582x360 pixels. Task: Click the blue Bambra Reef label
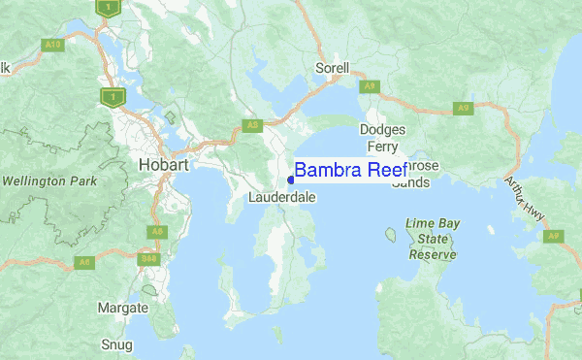(350, 171)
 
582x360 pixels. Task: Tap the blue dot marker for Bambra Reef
(291, 180)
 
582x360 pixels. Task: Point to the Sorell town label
(333, 69)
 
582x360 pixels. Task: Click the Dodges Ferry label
(382, 137)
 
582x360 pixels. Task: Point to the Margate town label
(123, 308)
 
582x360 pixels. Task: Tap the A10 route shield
(51, 44)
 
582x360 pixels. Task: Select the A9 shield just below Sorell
(369, 86)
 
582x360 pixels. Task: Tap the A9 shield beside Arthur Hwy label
(554, 236)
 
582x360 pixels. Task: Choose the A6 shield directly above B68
(156, 232)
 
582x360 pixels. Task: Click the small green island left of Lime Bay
(391, 234)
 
